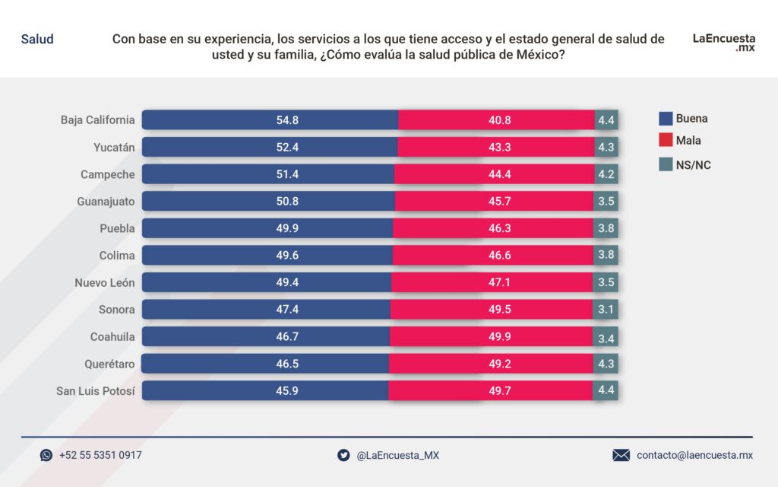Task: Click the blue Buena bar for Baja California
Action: [x=270, y=120]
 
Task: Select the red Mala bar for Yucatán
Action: [x=495, y=147]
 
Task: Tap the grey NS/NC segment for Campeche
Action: [x=606, y=174]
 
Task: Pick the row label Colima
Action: [x=117, y=256]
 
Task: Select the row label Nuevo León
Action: [x=104, y=283]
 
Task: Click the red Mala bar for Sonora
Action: [x=492, y=310]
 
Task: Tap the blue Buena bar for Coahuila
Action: [x=265, y=337]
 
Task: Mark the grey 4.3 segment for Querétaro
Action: [x=606, y=364]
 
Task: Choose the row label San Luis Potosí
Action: [x=96, y=391]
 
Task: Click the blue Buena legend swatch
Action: [x=666, y=119]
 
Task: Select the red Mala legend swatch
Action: [x=666, y=141]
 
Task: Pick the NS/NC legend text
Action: [x=694, y=164]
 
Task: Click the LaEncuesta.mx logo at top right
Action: [x=723, y=42]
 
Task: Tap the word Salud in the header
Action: [x=37, y=39]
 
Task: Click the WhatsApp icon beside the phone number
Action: [x=46, y=455]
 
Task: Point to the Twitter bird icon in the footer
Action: [x=343, y=455]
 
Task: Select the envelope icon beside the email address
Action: [x=621, y=455]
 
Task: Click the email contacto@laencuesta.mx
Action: [x=694, y=455]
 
